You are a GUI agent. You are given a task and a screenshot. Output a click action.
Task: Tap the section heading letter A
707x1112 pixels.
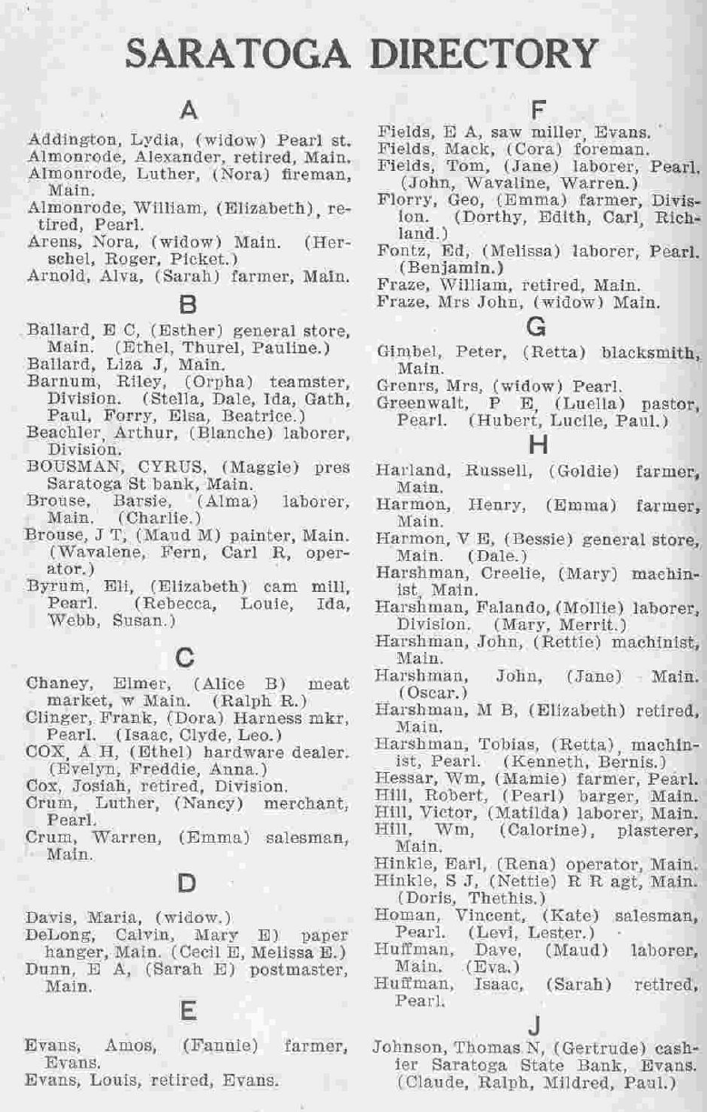(189, 111)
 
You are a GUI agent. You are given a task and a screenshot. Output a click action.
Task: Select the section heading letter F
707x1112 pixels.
(537, 111)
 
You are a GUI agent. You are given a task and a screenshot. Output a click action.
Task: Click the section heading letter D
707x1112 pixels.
(186, 882)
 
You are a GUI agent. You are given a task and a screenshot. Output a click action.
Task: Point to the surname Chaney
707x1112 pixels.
(56, 684)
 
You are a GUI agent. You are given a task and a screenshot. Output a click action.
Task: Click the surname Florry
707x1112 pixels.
(401, 198)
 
